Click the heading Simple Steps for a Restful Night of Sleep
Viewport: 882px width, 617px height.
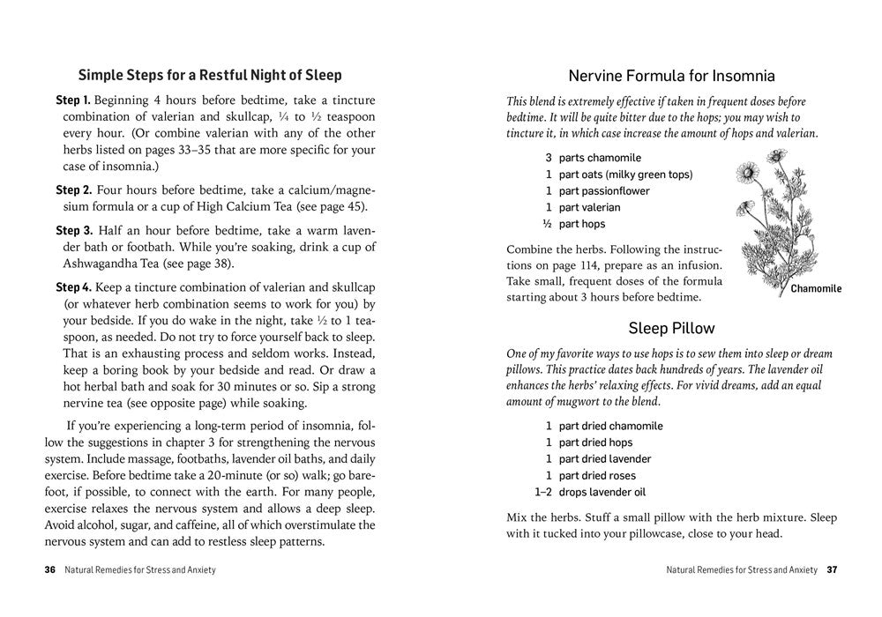210,75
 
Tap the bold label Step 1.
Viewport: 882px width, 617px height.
73,100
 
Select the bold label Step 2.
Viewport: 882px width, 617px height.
73,190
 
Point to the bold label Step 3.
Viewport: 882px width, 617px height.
73,230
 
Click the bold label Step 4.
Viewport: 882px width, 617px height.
73,287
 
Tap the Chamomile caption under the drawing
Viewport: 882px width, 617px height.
816,289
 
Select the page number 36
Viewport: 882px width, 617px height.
50,569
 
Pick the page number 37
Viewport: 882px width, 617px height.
832,569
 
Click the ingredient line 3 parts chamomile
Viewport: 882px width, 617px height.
592,158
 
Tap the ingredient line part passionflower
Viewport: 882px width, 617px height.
604,191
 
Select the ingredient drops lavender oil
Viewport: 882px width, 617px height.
602,493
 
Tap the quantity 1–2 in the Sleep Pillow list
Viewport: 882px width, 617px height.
543,493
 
